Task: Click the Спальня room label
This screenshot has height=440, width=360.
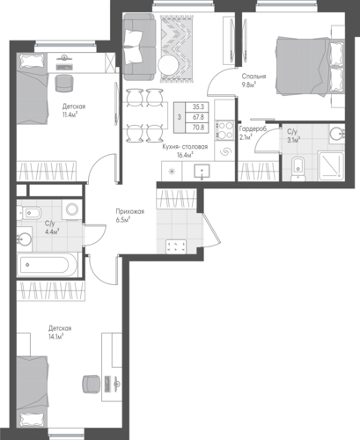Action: [x=253, y=80]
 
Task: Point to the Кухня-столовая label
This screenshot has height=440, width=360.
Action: [x=185, y=147]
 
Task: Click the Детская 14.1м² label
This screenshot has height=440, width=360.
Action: [x=60, y=332]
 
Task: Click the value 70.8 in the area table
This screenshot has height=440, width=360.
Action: [x=200, y=128]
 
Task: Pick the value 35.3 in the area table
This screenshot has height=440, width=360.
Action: [x=200, y=107]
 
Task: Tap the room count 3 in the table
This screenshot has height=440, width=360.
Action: [x=180, y=117]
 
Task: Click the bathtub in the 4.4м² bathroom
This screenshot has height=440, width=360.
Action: [x=47, y=265]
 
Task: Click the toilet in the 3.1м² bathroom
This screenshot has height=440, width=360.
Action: [x=298, y=169]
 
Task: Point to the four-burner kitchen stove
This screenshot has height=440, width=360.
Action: [x=224, y=129]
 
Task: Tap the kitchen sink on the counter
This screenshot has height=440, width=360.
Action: [x=202, y=172]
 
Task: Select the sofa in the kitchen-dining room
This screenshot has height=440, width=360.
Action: [x=139, y=47]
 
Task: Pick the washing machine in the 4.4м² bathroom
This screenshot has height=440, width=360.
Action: [x=72, y=209]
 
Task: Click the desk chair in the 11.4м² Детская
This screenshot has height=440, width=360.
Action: [x=64, y=83]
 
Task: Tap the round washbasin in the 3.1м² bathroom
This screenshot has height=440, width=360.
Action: [x=337, y=135]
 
